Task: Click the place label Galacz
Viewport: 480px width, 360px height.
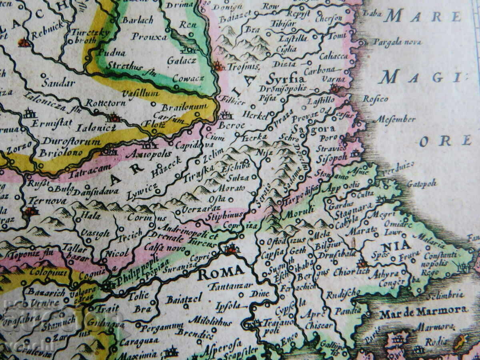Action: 181,61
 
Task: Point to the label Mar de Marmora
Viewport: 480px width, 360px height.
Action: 423,311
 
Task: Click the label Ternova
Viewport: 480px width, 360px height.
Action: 48,201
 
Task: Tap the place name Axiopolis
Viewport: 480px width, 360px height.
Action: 148,154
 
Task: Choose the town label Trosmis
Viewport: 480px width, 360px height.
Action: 243,66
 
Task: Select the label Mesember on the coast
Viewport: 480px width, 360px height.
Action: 394,119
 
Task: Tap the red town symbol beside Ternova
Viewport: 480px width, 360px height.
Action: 31,211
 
